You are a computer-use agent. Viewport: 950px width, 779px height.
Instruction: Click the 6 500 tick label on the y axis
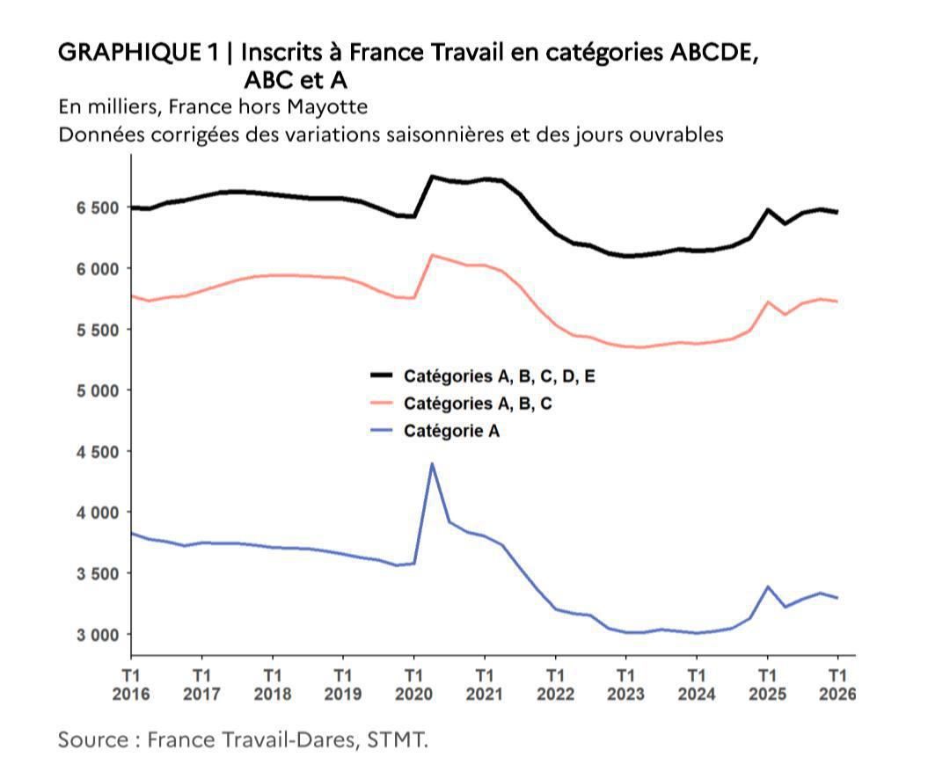[96, 207]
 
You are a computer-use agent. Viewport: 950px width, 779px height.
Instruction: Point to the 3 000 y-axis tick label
[96, 634]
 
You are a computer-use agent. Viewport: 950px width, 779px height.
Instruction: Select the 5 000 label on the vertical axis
[96, 390]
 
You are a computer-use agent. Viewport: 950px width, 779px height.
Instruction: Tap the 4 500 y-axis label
[96, 451]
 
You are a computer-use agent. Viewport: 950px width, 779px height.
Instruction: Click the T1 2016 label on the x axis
[131, 684]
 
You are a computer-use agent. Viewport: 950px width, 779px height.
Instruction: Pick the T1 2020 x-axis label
[413, 684]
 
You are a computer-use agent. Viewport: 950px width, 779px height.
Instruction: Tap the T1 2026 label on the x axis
[837, 684]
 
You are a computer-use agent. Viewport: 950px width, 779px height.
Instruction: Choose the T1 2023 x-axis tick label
[625, 684]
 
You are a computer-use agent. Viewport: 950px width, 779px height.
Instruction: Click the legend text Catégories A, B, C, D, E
[500, 376]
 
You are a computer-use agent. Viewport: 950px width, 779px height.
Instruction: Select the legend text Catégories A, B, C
[478, 404]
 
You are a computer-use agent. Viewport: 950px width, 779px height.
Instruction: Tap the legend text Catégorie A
[452, 431]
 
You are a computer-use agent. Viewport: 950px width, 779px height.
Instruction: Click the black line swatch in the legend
[381, 376]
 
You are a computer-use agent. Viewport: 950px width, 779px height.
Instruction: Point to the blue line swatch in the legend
[381, 431]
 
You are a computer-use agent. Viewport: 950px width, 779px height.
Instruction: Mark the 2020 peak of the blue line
[432, 463]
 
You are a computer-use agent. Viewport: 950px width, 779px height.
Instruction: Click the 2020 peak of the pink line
[432, 255]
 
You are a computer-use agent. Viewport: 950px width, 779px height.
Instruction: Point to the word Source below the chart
[92, 739]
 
